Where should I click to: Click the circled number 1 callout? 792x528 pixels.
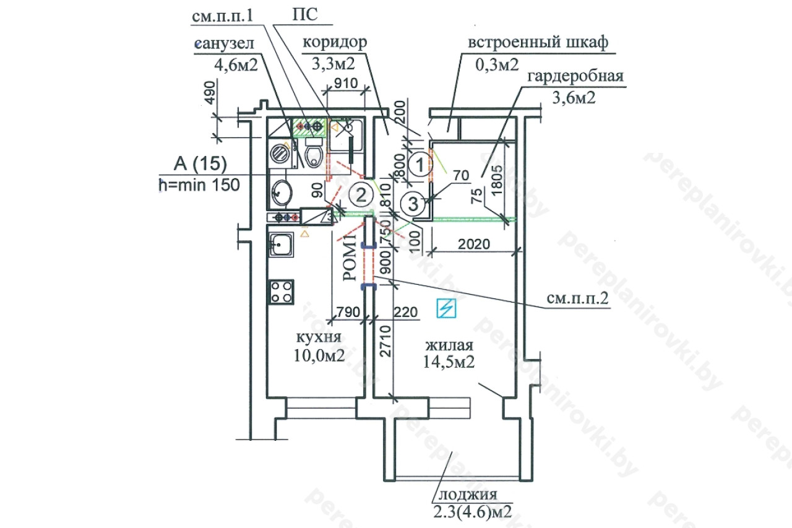(x=420, y=165)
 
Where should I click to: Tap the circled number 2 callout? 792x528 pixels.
(x=361, y=194)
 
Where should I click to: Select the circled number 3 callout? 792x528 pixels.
(x=413, y=204)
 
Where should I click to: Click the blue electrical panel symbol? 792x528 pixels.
(x=446, y=308)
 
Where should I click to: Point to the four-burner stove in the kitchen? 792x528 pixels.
(x=282, y=292)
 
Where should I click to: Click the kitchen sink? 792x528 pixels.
(x=281, y=245)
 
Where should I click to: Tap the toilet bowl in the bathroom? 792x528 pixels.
(x=314, y=156)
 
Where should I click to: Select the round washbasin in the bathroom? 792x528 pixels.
(x=282, y=193)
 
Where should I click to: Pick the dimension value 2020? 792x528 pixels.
(x=474, y=244)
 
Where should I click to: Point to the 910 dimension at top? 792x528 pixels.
(x=346, y=84)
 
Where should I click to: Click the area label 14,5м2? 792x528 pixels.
(x=449, y=361)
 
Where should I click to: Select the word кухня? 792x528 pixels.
(x=319, y=337)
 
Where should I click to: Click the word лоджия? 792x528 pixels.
(x=468, y=495)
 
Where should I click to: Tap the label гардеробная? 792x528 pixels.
(x=575, y=76)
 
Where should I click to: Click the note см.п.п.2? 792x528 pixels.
(x=577, y=299)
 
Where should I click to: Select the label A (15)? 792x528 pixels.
(x=200, y=164)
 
